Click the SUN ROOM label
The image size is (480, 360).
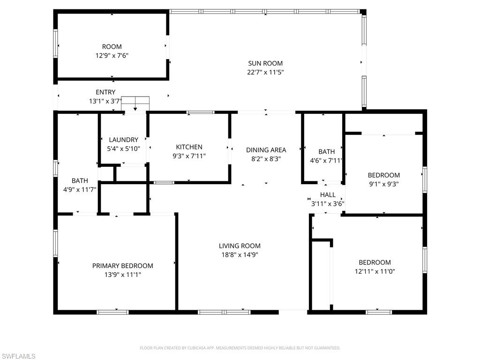265,63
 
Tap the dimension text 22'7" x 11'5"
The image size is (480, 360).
265,72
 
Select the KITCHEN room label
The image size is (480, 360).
189,147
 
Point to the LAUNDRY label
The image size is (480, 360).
123,140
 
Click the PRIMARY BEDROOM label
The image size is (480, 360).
122,266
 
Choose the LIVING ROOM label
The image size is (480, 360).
240,246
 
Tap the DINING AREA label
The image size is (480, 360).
266,150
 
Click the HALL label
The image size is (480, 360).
328,195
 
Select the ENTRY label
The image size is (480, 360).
105,92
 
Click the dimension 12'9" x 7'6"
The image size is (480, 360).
112,55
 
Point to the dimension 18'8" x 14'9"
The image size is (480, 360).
240,255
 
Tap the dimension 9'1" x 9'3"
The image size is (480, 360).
383,184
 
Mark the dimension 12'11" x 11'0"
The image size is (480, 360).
375,271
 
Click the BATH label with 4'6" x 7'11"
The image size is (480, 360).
327,151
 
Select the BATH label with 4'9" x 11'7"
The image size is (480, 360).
80,180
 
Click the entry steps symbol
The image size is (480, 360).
135,103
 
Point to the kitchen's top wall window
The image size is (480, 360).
201,112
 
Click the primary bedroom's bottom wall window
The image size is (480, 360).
112,312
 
